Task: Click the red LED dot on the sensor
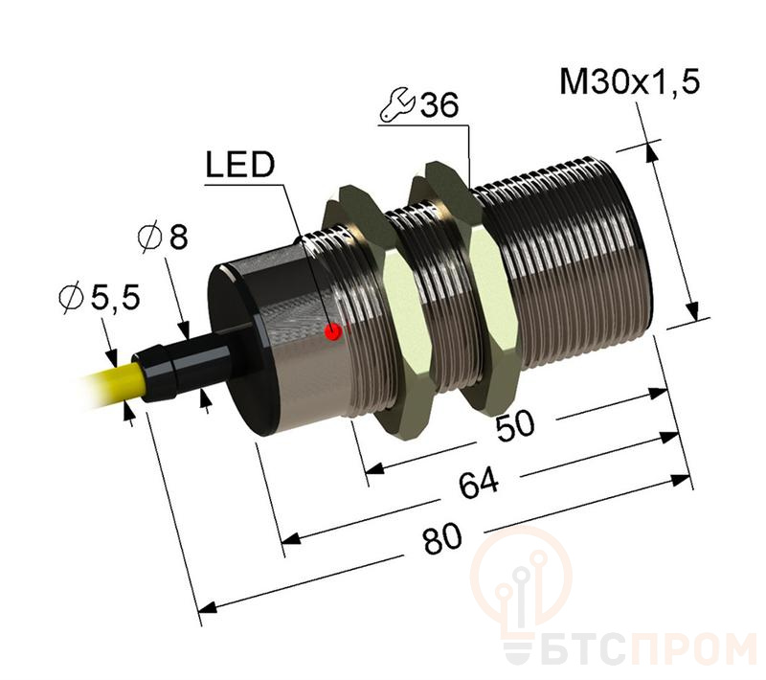[x=333, y=331]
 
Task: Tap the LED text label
[x=238, y=167]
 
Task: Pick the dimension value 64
[x=471, y=487]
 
